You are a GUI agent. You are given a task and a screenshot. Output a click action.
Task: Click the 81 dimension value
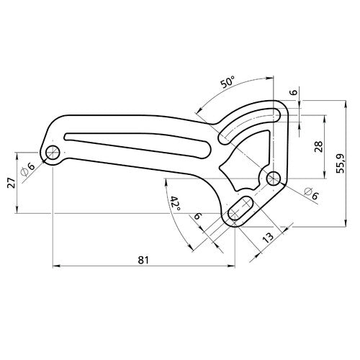tap(145, 260)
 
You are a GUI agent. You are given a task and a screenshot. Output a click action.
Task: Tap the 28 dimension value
tap(317, 147)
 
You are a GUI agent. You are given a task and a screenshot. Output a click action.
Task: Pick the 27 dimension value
tap(9, 184)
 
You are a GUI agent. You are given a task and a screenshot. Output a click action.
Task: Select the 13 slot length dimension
tap(269, 238)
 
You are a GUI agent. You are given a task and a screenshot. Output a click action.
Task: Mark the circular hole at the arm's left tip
tap(53, 153)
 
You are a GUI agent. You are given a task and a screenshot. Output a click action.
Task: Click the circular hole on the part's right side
tap(273, 176)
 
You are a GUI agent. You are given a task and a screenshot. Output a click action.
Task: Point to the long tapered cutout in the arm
tap(137, 140)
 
